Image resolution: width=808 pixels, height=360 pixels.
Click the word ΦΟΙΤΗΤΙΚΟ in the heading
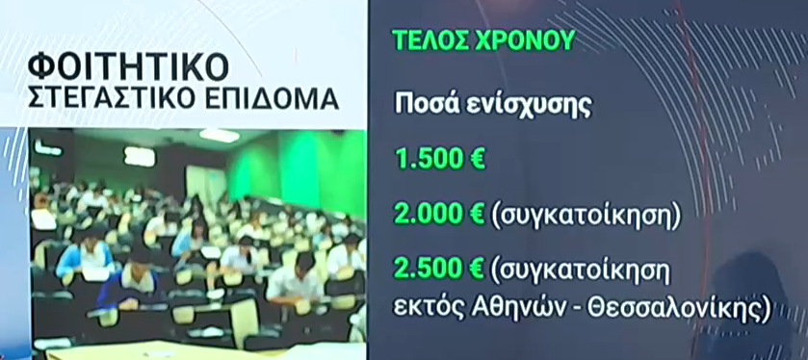coord(128,65)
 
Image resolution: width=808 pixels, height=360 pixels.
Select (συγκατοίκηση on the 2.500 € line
coord(582,270)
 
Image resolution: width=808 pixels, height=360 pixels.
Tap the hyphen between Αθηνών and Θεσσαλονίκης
coord(575,311)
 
